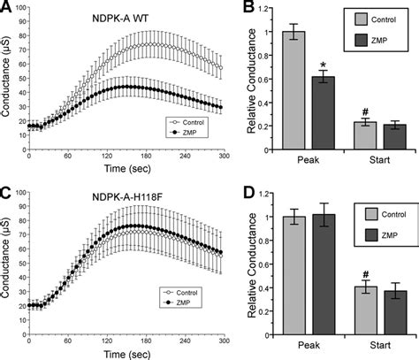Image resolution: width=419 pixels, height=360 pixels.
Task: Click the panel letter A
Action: (7, 8)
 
